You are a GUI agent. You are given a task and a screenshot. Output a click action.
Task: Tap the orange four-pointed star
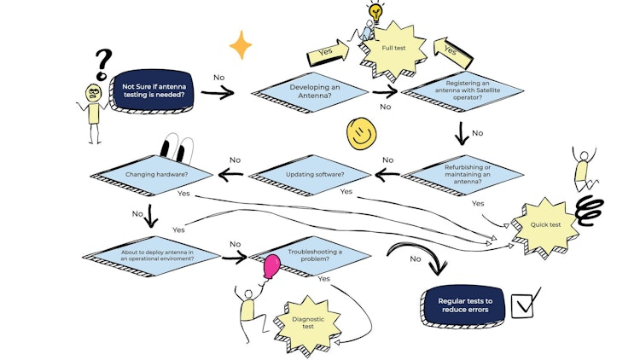click(241, 44)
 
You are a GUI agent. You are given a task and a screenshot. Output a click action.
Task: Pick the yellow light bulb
click(375, 13)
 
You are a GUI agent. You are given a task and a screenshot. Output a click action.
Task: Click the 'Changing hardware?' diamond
click(156, 175)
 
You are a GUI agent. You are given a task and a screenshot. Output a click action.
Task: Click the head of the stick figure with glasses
click(94, 91)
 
